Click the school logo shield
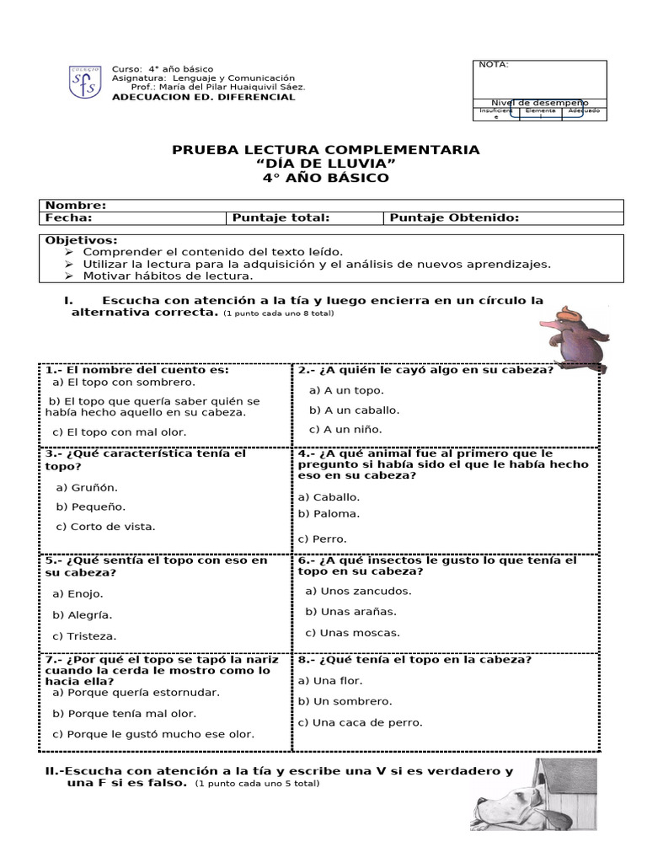coord(86,82)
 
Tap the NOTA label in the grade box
coord(494,65)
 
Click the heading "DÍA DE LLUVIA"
coord(325,163)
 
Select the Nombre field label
coord(75,206)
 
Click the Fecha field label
coord(68,218)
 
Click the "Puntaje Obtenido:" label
coord(453,218)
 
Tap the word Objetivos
coord(81,240)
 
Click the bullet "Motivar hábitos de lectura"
coord(168,276)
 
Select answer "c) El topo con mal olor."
coord(119,432)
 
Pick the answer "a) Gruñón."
coord(87,487)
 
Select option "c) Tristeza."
coord(84,636)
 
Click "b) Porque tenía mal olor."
coord(124,713)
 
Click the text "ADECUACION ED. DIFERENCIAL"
coord(204,97)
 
